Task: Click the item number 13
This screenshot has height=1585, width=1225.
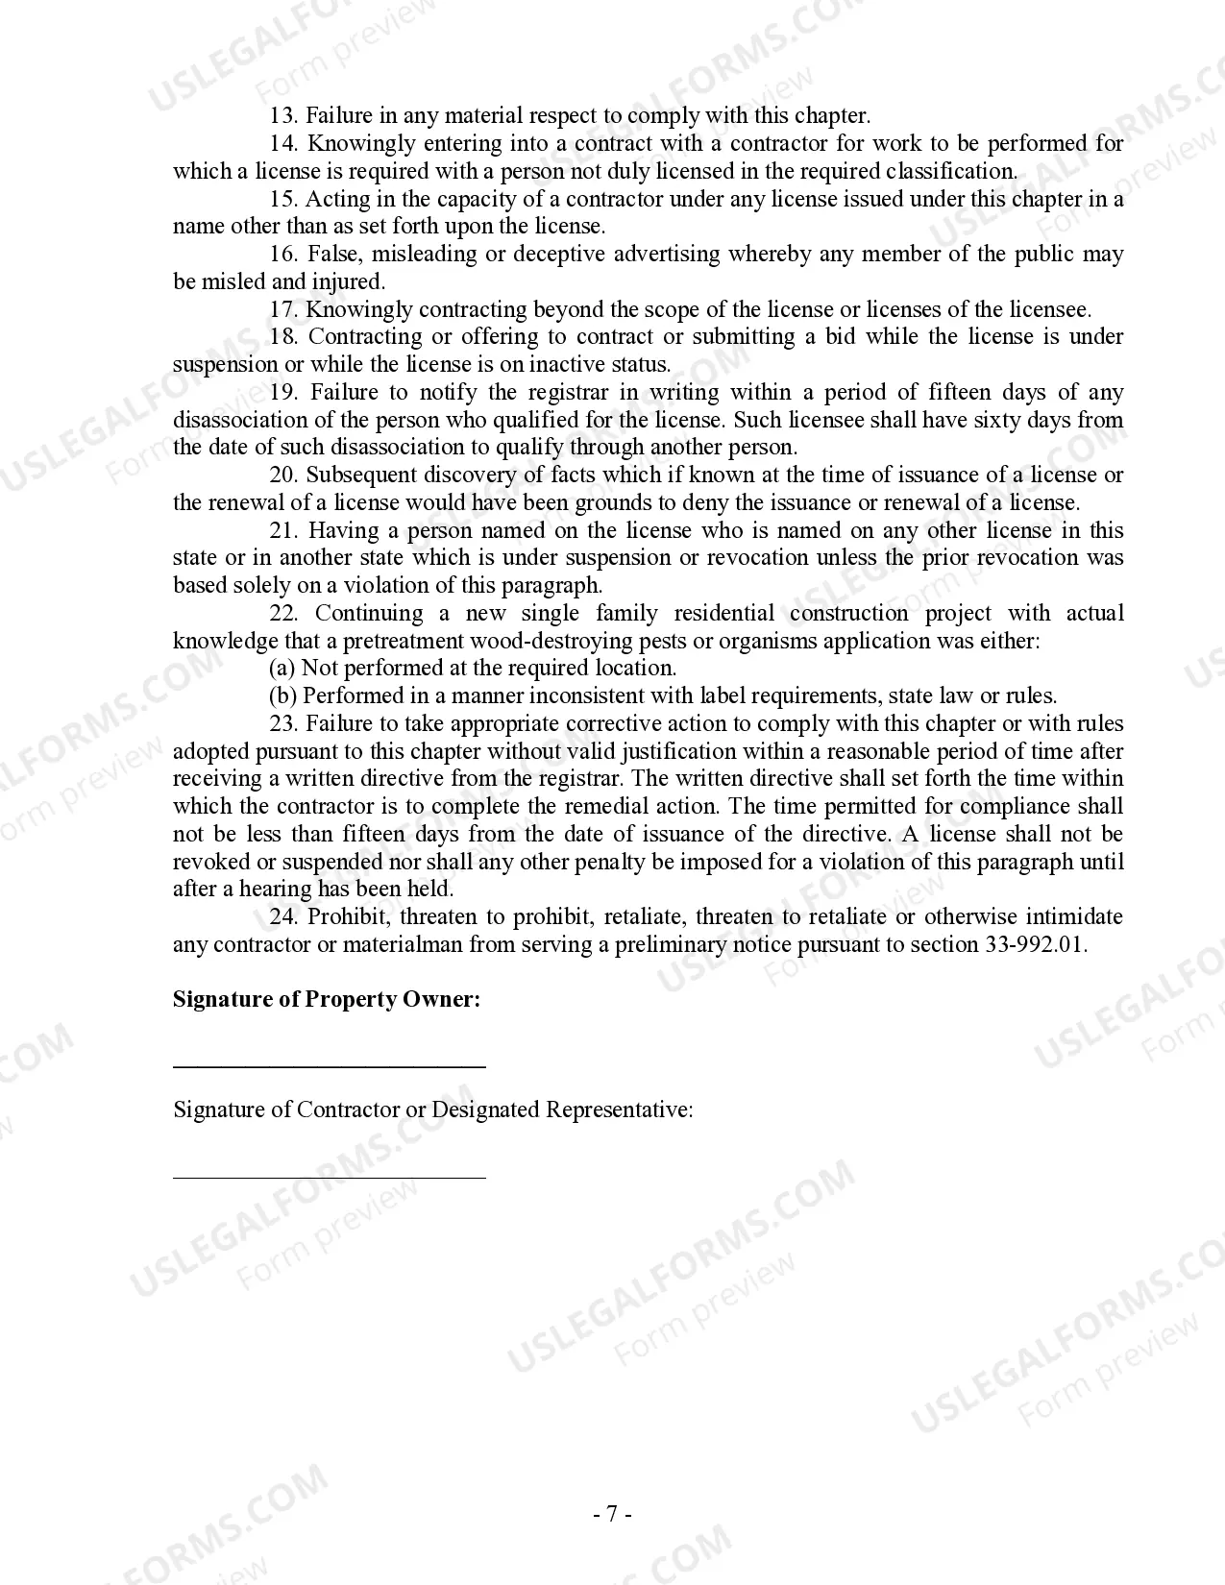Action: pos(282,116)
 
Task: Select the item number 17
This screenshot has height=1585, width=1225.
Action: pos(282,310)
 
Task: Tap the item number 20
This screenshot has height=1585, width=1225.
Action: pos(282,475)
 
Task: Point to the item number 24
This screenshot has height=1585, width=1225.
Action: pos(283,917)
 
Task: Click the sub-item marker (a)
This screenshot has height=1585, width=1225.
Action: pos(282,669)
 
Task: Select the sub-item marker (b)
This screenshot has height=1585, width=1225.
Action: pos(282,696)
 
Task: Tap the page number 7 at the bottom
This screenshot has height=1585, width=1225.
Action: pos(612,1515)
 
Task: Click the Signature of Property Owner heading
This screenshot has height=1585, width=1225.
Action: pos(327,1000)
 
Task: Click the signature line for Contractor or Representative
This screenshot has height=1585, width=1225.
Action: pos(329,1176)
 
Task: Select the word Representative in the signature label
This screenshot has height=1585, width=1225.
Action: pos(619,1110)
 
